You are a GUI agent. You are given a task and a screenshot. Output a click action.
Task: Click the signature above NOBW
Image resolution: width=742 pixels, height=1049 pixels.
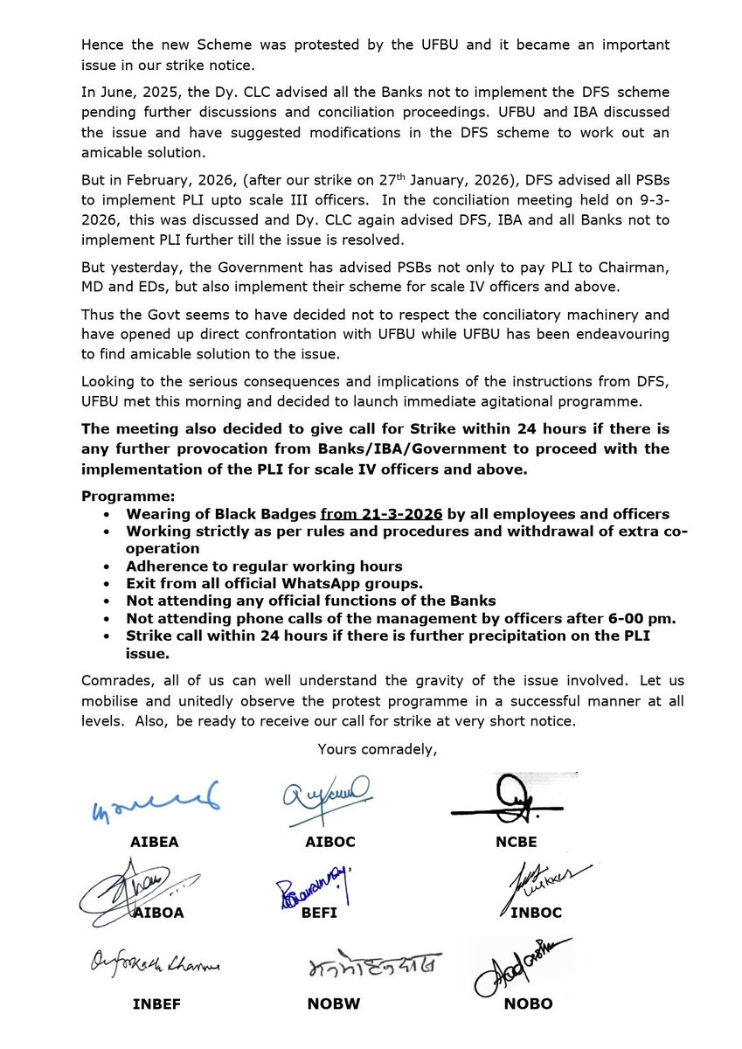point(373,965)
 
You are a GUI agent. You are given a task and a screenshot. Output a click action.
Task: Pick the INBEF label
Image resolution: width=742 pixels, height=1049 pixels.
point(158,1004)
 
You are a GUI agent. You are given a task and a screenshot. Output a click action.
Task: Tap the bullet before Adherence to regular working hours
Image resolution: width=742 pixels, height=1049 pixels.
point(107,566)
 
